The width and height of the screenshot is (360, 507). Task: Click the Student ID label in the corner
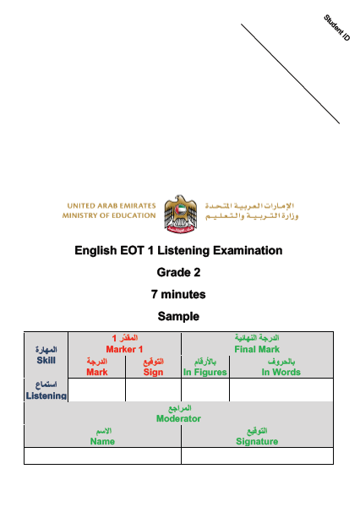coord(337,28)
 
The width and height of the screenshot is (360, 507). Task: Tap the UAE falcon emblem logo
coord(181,214)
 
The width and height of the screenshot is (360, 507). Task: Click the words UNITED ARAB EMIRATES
coord(112,206)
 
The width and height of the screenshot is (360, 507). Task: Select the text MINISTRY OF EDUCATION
coord(109,215)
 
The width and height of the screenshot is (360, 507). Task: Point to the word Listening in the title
coord(183,251)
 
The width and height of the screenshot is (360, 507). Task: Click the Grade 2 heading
coord(178,272)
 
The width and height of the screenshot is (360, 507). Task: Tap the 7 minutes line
coord(178,294)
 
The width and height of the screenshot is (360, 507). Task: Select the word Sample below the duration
coord(178,316)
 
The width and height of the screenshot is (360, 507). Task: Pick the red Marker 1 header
coord(124,349)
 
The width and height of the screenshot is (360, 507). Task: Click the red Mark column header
coord(97,372)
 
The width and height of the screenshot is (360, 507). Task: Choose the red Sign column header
coord(153,372)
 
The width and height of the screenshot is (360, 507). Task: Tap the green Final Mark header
coord(257,349)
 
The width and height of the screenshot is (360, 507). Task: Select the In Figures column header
coord(205,372)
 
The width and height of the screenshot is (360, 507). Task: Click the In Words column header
coord(281,372)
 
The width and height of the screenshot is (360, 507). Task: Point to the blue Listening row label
coord(46,395)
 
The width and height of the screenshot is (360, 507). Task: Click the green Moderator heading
coord(178,419)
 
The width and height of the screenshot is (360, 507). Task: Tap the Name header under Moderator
coord(102,441)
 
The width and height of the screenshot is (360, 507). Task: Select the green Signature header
coord(257,442)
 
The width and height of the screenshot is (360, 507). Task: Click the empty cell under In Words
coord(281,390)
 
